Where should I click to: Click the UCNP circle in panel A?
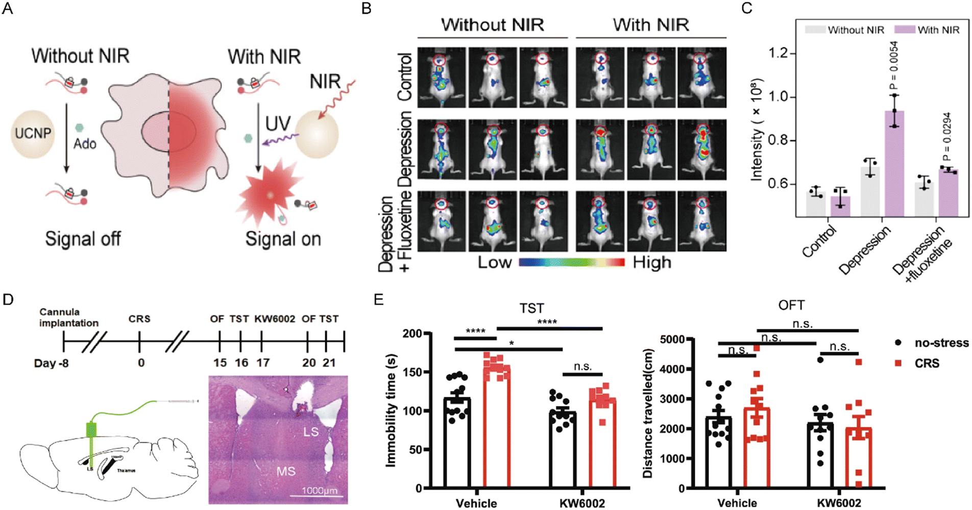click(33, 133)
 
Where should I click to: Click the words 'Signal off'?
click(83, 239)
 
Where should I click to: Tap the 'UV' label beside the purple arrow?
click(278, 123)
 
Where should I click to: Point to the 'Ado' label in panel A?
click(85, 144)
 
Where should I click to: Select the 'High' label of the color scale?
click(652, 263)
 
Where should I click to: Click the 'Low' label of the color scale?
click(494, 263)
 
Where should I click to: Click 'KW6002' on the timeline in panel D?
click(275, 319)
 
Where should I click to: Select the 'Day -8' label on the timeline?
click(51, 363)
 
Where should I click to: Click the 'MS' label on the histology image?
click(286, 471)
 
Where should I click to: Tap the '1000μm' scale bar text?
click(319, 491)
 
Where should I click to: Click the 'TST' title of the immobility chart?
click(531, 308)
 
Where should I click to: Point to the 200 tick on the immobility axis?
click(412, 334)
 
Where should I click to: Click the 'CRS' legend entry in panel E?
click(927, 363)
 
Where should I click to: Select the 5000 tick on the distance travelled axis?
click(672, 339)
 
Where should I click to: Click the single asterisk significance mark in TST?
click(511, 344)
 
